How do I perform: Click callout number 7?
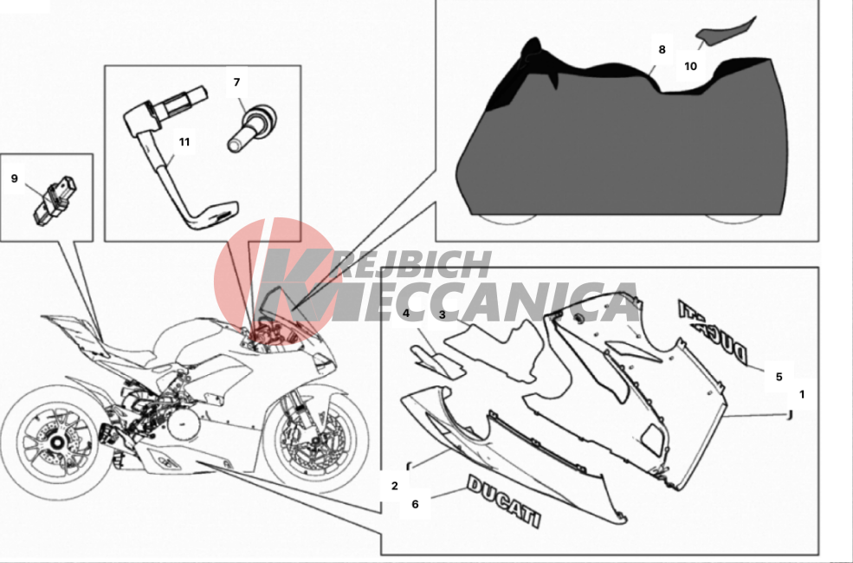236,82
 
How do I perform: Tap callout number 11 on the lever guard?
184,142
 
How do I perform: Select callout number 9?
14,178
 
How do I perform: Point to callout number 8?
662,49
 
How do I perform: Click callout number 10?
690,67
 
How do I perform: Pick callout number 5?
779,377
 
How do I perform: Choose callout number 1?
801,394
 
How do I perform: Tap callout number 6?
415,504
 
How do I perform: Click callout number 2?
395,486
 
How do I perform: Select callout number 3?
443,314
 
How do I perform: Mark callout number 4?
406,313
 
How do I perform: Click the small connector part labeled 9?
55,200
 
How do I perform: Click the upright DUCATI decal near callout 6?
504,501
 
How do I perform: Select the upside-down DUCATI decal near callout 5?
713,330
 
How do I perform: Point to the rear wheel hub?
55,442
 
